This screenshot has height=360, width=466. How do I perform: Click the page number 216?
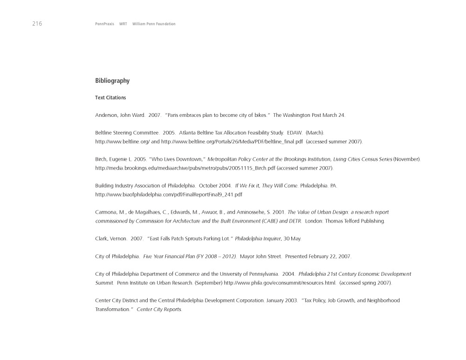(37, 24)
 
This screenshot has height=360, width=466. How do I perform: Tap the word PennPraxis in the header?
(104, 24)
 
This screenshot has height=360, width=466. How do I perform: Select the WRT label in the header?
(123, 24)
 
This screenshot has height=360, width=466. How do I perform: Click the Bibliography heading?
(112, 81)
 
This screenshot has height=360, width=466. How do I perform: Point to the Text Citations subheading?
(110, 98)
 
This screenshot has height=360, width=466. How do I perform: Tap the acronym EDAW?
(294, 133)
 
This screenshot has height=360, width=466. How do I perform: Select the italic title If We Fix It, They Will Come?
(266, 186)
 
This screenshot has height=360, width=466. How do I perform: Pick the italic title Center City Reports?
(159, 310)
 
